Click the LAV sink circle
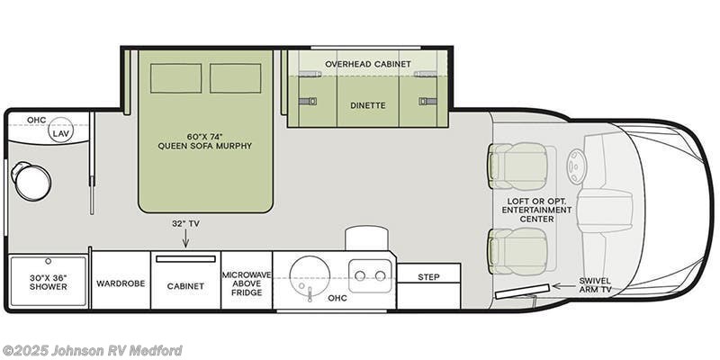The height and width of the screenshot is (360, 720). click(x=61, y=130)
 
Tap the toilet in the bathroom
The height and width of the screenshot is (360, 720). click(x=31, y=181)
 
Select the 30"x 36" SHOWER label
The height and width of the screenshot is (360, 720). click(x=49, y=282)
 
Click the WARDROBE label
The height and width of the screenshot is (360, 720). click(x=121, y=283)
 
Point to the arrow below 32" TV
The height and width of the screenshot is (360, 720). click(x=185, y=238)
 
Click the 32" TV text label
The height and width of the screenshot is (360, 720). click(x=186, y=223)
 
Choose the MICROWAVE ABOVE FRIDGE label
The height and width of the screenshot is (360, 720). click(x=247, y=283)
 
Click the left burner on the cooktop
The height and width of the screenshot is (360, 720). click(x=361, y=275)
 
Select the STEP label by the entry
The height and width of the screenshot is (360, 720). click(x=428, y=277)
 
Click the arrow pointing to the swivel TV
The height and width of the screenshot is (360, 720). click(x=563, y=285)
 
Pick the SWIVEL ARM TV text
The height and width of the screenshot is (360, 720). click(x=595, y=284)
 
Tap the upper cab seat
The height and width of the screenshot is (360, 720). click(x=518, y=166)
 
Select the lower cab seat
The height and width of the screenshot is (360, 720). click(x=518, y=251)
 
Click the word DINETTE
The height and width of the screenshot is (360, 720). click(x=368, y=105)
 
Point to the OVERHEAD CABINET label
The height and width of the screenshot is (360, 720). click(x=368, y=64)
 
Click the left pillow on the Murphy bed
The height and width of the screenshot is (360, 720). click(x=175, y=78)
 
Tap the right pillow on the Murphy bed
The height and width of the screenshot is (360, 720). click(x=236, y=78)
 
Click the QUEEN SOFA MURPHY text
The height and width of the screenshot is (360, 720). click(x=205, y=146)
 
